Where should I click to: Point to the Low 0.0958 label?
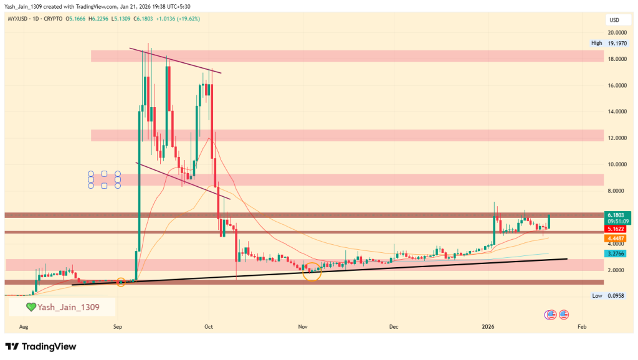pyautogui.click(x=606, y=296)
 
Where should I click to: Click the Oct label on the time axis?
pyautogui.click(x=209, y=326)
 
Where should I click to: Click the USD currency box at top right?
pyautogui.click(x=614, y=20)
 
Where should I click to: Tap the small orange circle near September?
pyautogui.click(x=121, y=282)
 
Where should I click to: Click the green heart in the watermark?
pyautogui.click(x=31, y=307)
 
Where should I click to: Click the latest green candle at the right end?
pyautogui.click(x=549, y=221)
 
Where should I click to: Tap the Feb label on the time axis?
pyautogui.click(x=581, y=326)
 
